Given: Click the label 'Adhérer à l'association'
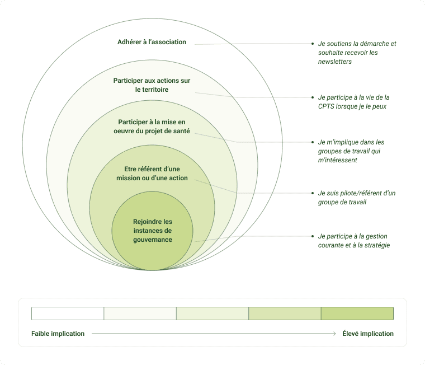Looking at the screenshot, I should click(x=152, y=42).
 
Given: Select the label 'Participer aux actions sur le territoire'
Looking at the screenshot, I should click(x=152, y=85).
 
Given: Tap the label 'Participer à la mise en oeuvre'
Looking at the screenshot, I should click(x=152, y=127).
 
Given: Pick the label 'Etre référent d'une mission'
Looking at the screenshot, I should click(x=152, y=174).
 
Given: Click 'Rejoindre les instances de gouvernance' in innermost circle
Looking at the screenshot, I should click(x=152, y=231).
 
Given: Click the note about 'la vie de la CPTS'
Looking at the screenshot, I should click(x=353, y=102).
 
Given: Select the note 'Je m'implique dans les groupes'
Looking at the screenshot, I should click(x=351, y=151).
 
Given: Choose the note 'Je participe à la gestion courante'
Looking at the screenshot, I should click(x=353, y=241).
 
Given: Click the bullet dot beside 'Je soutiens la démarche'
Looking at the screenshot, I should click(x=312, y=44).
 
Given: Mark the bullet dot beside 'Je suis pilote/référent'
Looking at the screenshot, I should click(x=312, y=193).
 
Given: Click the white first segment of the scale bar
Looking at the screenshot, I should click(x=68, y=313).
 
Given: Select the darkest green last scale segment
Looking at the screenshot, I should click(x=357, y=313).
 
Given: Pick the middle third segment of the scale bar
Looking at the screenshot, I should click(x=212, y=313).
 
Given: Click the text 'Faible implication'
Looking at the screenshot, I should click(x=58, y=334).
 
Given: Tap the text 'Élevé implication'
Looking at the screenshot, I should click(x=368, y=334).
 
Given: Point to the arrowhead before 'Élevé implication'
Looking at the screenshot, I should click(x=334, y=334).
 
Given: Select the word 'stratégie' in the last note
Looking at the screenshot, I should click(x=375, y=245).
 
